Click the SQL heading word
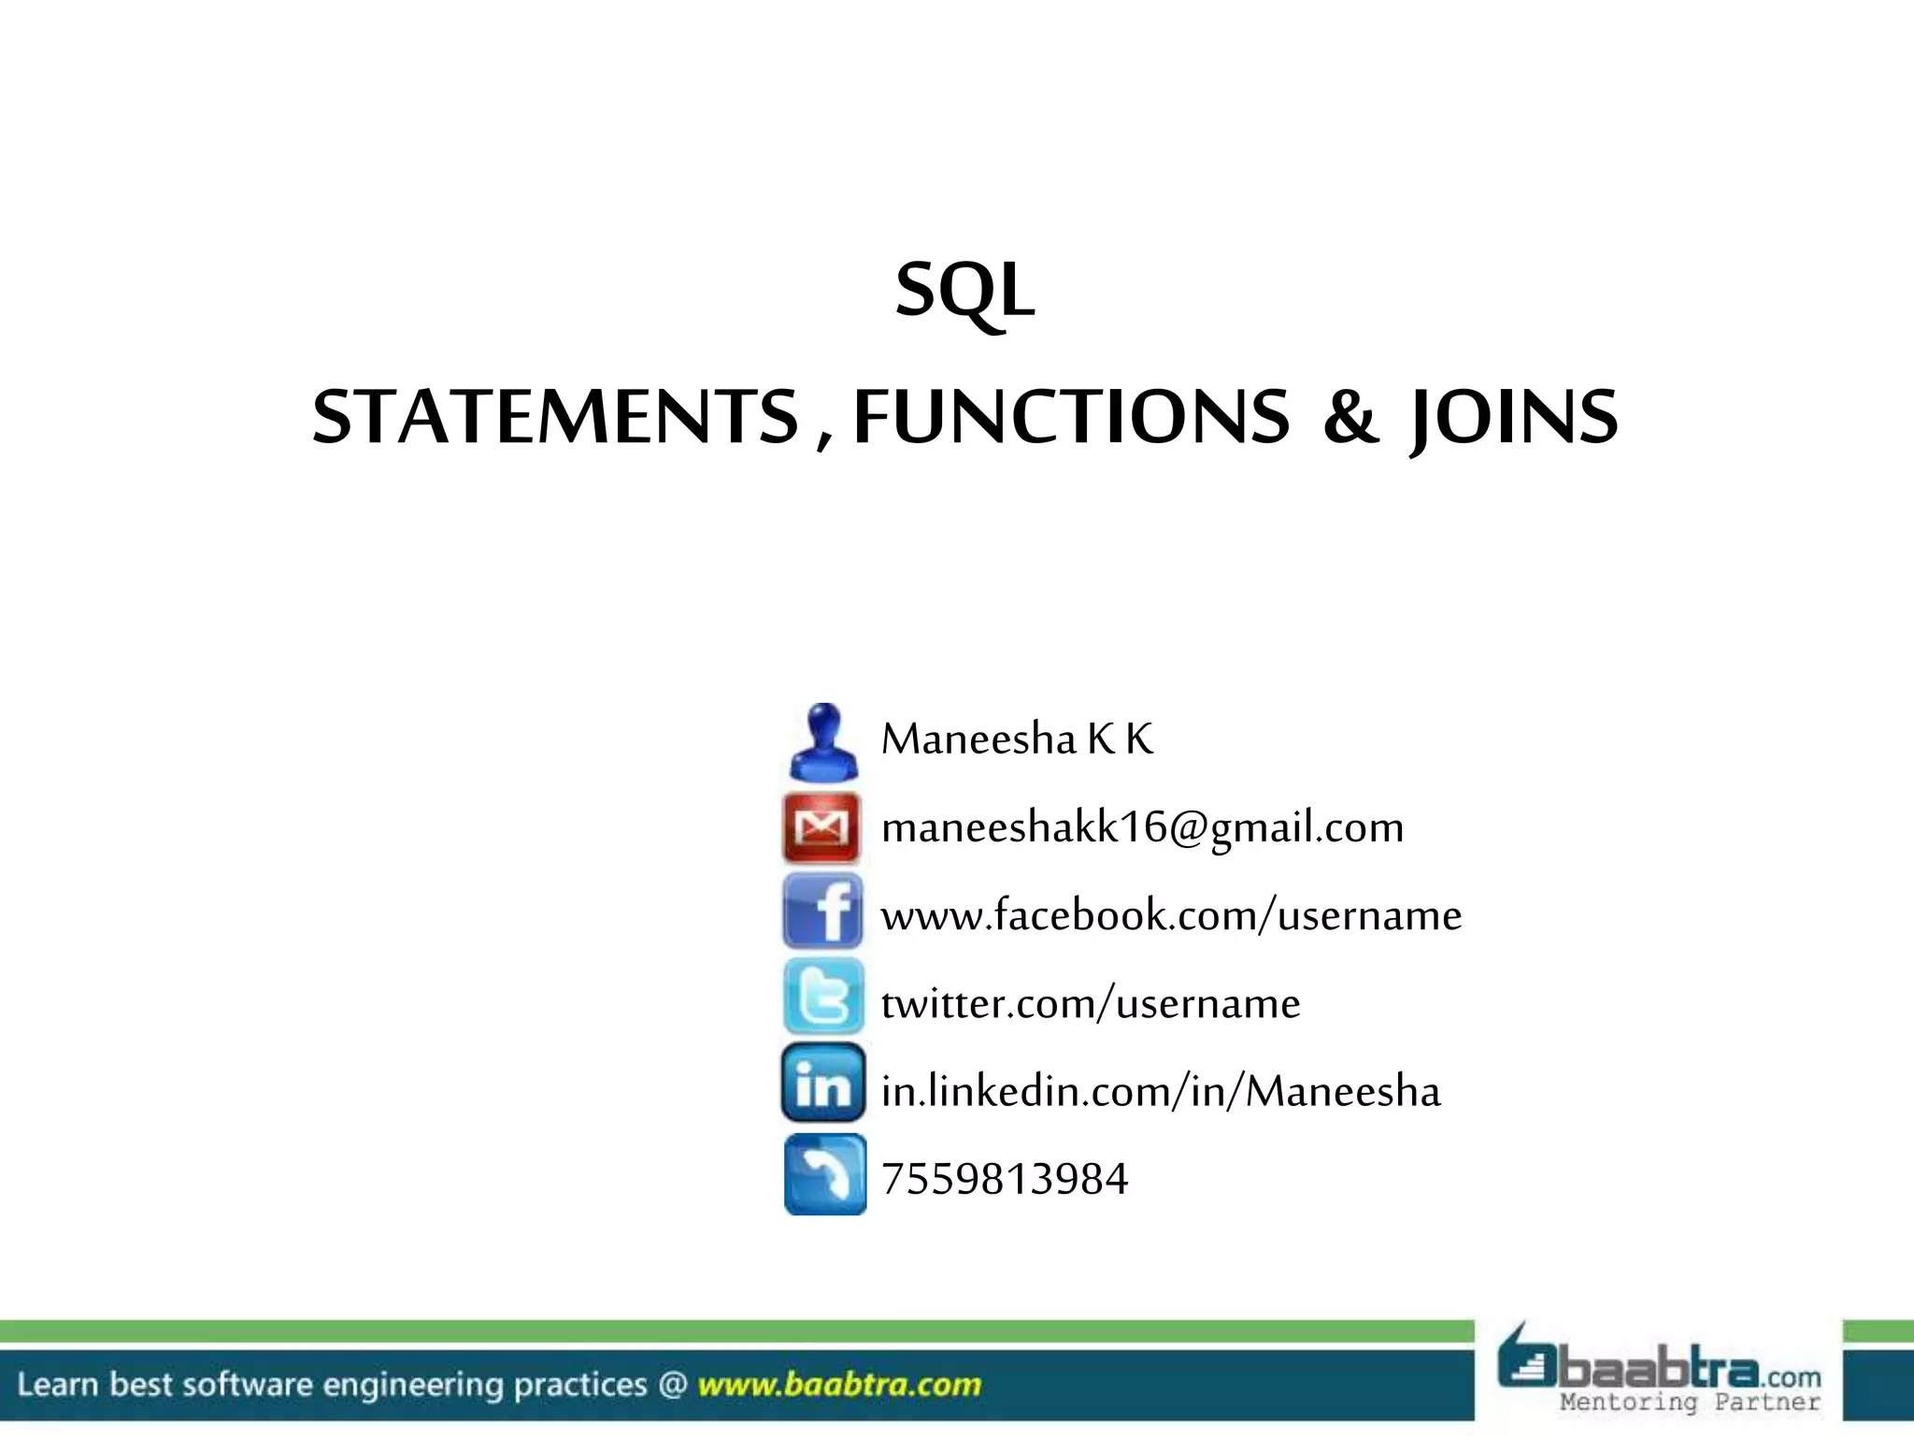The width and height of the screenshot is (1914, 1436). pos(964,291)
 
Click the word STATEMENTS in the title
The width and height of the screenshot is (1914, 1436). pos(556,417)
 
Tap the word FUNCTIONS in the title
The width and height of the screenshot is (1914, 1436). pos(1071,417)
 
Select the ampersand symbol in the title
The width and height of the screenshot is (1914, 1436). pos(1350,417)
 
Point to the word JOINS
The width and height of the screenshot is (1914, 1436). pos(1514,417)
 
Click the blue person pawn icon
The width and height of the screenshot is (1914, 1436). pos(823,742)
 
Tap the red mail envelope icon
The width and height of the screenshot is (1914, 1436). pos(821,827)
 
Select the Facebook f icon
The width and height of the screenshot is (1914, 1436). pos(823,912)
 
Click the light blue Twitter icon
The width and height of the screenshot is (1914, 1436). pos(823,997)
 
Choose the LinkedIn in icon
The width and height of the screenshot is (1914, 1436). pos(823,1084)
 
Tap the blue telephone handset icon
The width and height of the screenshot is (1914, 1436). pos(825,1174)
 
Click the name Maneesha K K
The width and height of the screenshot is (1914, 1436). pos(1017,740)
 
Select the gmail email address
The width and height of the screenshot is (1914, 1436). pos(1142,827)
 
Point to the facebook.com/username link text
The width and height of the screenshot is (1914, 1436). pos(1171,915)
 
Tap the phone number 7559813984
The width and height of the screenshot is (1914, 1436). pos(1005,1179)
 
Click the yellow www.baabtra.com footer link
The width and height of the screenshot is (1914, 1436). pos(839,1385)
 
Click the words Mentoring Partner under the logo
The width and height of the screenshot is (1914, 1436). pos(1690,1402)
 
